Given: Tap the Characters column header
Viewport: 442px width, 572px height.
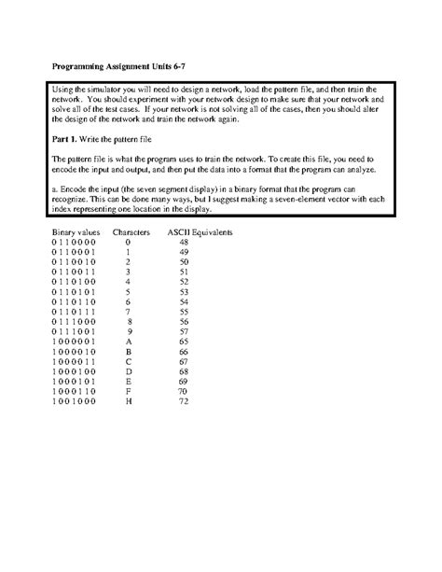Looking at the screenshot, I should pos(131,230).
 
